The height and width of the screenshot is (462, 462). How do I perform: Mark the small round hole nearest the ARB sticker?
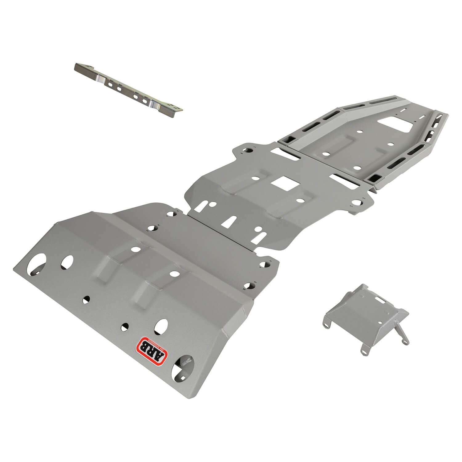(x=124, y=327)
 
